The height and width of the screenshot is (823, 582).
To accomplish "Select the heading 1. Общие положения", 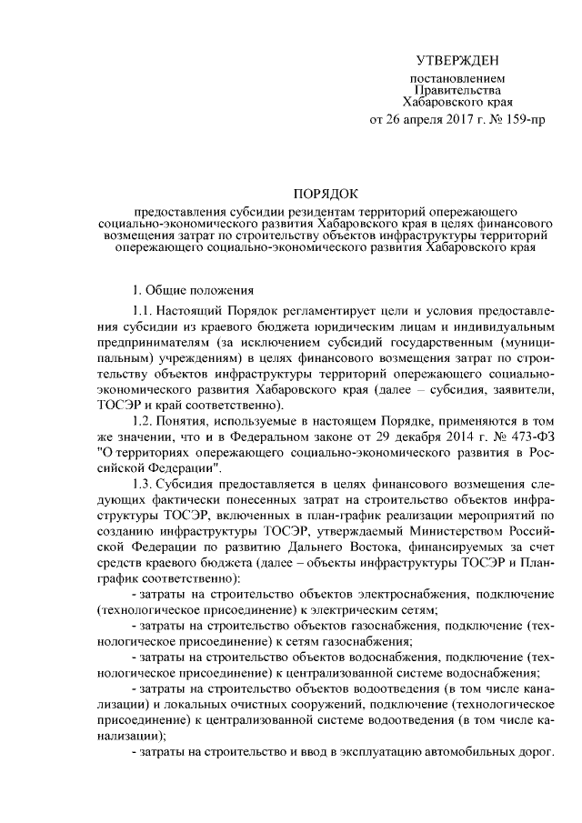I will (191, 291).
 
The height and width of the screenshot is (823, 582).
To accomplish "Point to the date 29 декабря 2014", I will (418, 437).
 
